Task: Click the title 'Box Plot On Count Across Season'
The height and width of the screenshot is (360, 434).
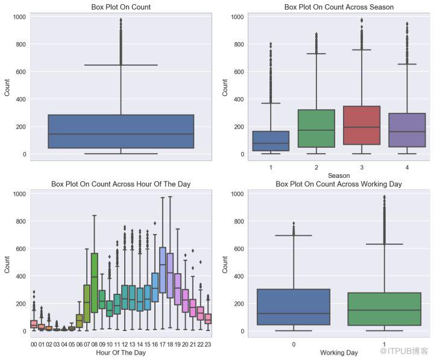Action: point(339,7)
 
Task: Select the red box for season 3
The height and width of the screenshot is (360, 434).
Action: point(362,125)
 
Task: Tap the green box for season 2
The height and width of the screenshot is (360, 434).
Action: point(316,128)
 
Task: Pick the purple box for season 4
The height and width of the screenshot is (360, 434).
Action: point(407,130)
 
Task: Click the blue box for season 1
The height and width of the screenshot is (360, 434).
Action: point(271,141)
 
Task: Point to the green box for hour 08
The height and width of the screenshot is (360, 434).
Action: point(95,283)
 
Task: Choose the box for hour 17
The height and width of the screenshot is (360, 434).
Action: point(163,270)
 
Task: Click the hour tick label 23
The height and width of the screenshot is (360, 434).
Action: point(208,344)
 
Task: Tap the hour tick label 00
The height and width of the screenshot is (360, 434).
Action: point(34,344)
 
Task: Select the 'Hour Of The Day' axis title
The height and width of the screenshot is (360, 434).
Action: point(121,353)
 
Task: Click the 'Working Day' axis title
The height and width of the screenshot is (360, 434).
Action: point(339,353)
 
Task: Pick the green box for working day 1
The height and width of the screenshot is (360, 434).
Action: point(384,309)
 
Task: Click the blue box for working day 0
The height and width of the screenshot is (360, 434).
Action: point(294,307)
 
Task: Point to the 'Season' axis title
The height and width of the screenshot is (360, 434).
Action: point(339,175)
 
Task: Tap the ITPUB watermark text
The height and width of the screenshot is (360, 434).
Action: point(404,351)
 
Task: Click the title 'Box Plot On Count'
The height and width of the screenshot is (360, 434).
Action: point(121,7)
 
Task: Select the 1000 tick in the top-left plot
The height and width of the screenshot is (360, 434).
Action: point(19,17)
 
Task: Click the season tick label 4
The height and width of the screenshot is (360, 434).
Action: point(407,167)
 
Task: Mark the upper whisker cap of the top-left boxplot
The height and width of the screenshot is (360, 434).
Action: point(121,65)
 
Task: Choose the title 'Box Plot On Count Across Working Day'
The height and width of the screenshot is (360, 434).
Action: point(339,184)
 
